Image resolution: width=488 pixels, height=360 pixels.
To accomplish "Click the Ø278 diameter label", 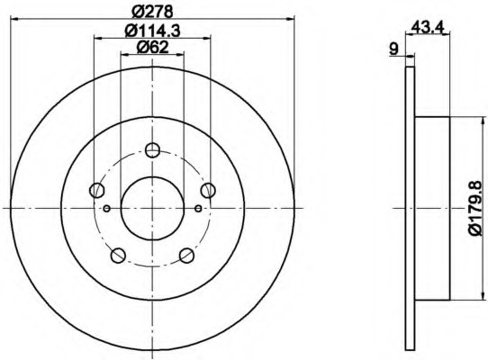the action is point(152,12).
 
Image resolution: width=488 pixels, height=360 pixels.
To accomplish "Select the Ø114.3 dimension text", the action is point(152,31).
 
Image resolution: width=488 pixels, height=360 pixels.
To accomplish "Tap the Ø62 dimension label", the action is point(152,48).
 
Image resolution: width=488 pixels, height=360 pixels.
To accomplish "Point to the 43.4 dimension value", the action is point(427,28).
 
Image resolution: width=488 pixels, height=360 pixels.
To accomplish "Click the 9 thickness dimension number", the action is point(394,49).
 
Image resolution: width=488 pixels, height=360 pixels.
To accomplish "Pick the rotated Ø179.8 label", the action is point(479,209).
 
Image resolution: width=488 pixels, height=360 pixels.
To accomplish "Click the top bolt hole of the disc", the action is point(152,150).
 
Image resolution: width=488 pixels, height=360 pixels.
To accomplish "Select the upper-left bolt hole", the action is point(96,190).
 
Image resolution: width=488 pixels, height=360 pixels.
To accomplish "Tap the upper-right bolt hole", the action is point(208,190).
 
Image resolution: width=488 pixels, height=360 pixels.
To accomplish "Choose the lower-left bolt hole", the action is point(118,255).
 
